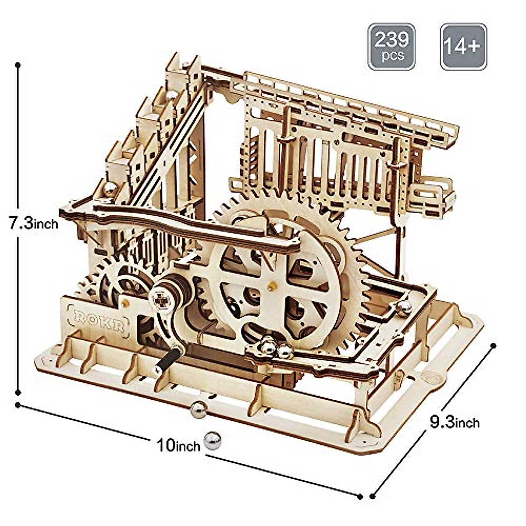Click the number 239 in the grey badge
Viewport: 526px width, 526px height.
click(391, 39)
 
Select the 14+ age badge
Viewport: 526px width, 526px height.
click(463, 46)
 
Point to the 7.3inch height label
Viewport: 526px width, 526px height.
click(33, 223)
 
